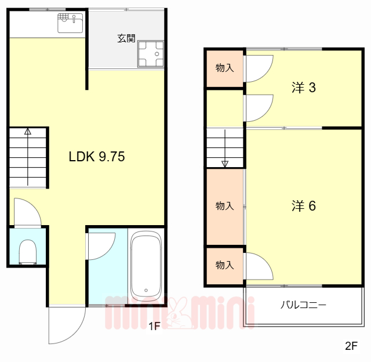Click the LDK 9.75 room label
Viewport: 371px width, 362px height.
click(x=97, y=157)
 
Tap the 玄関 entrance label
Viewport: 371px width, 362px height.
click(x=126, y=38)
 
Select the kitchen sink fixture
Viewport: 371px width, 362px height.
click(x=70, y=23)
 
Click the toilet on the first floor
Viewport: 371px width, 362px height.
click(x=28, y=252)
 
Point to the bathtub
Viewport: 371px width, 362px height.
click(x=146, y=266)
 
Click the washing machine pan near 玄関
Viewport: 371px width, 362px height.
click(x=151, y=54)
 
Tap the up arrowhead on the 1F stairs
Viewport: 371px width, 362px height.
click(x=28, y=131)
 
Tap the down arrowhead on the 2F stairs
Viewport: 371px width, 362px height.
click(x=225, y=164)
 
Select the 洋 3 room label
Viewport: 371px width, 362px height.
click(x=304, y=88)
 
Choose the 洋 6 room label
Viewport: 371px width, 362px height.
click(x=304, y=205)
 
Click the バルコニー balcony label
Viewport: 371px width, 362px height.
click(x=303, y=305)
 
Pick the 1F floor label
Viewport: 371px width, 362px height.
click(x=155, y=327)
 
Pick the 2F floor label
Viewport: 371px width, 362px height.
click(x=351, y=346)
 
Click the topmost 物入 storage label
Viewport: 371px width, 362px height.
click(x=224, y=68)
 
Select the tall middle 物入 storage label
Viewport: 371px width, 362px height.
click(x=224, y=206)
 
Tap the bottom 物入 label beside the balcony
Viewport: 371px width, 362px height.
click(x=224, y=265)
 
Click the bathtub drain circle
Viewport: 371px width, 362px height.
click(x=146, y=290)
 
